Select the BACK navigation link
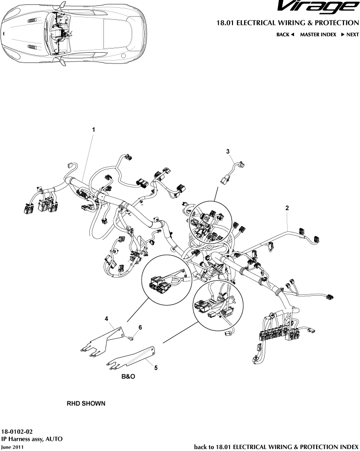pos(285,35)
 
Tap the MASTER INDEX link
pos(318,35)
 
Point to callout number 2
pos(287,208)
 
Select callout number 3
pos(228,152)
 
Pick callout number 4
pos(106,318)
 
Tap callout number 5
pos(155,368)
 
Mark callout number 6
pos(140,328)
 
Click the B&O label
pos(128,377)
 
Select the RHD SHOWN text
pos(85,404)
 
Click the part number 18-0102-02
pos(17,432)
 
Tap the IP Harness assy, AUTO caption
pos(32,439)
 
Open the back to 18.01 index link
pos(276,447)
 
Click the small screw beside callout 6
pos(131,337)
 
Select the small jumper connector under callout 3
pos(233,173)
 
